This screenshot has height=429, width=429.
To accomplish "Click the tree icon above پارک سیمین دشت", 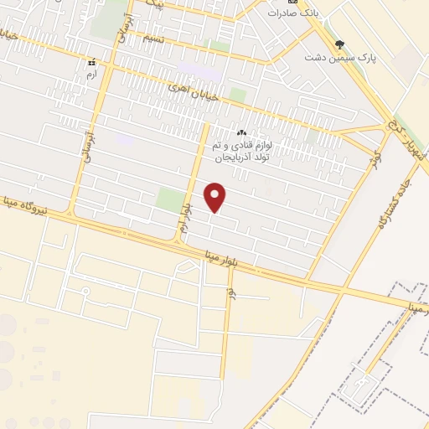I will [339, 44].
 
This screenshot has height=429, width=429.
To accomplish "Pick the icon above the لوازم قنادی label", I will [242, 132].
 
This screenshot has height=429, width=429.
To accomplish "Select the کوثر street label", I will [378, 157].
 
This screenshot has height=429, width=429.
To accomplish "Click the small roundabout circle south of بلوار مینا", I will [85, 291].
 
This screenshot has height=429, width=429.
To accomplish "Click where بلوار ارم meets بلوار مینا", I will [178, 241].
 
